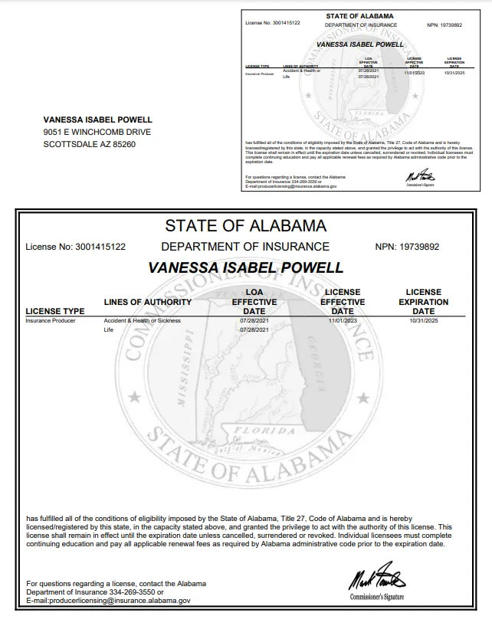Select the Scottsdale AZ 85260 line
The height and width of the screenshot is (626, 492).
(89, 144)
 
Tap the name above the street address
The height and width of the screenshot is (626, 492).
(97, 120)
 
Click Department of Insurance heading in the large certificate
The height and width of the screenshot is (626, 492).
(245, 247)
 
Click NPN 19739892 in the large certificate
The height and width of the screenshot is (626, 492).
(408, 247)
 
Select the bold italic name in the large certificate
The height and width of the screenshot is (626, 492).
(245, 268)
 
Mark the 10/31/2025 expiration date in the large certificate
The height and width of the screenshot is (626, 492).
(423, 320)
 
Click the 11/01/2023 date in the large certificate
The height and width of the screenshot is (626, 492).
(342, 320)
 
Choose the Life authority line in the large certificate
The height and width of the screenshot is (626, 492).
(108, 329)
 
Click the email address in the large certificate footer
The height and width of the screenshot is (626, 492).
(108, 601)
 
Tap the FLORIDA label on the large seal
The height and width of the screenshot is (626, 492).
(264, 431)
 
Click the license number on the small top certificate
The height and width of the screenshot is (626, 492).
(273, 23)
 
